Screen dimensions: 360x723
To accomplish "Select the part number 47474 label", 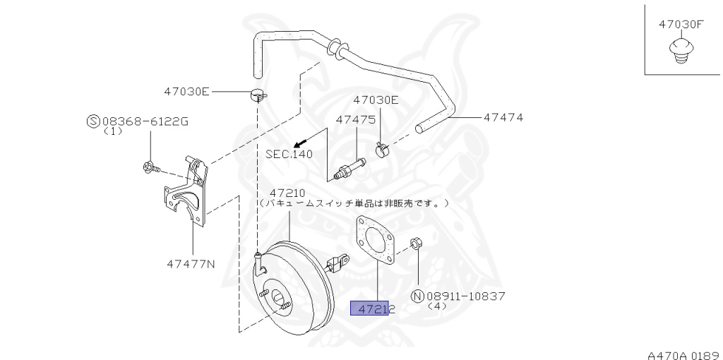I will pos(503,117).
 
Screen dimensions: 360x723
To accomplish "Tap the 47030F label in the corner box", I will pos(681,23).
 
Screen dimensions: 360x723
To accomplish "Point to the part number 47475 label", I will pos(355,120).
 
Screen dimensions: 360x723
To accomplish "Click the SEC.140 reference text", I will pos(288,153).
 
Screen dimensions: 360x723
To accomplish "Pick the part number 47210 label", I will pos(286,192).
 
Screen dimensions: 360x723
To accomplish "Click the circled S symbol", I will pos(92,121).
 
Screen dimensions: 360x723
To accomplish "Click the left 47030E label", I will pos(187,91).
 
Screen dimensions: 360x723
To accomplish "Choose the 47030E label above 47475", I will pos(376,100).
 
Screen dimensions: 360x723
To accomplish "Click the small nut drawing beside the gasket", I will pos(416,244).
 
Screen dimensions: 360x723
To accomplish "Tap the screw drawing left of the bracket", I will pos(150,167).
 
